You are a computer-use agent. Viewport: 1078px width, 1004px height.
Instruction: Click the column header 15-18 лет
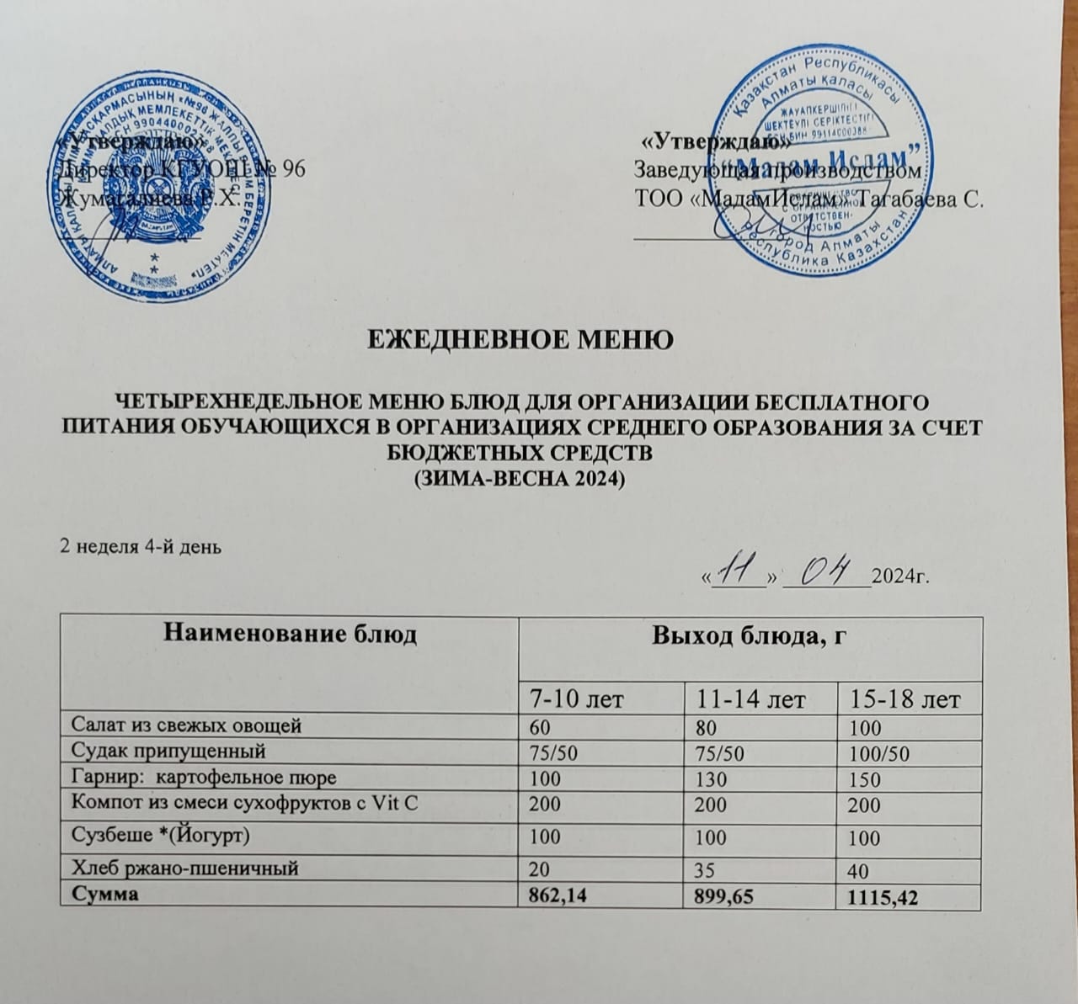pyautogui.click(x=897, y=699)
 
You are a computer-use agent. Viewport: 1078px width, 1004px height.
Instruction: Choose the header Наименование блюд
pyautogui.click(x=289, y=634)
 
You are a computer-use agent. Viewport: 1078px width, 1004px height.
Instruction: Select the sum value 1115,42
pyautogui.click(x=876, y=899)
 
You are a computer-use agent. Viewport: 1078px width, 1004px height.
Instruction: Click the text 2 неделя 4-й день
pyautogui.click(x=139, y=548)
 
